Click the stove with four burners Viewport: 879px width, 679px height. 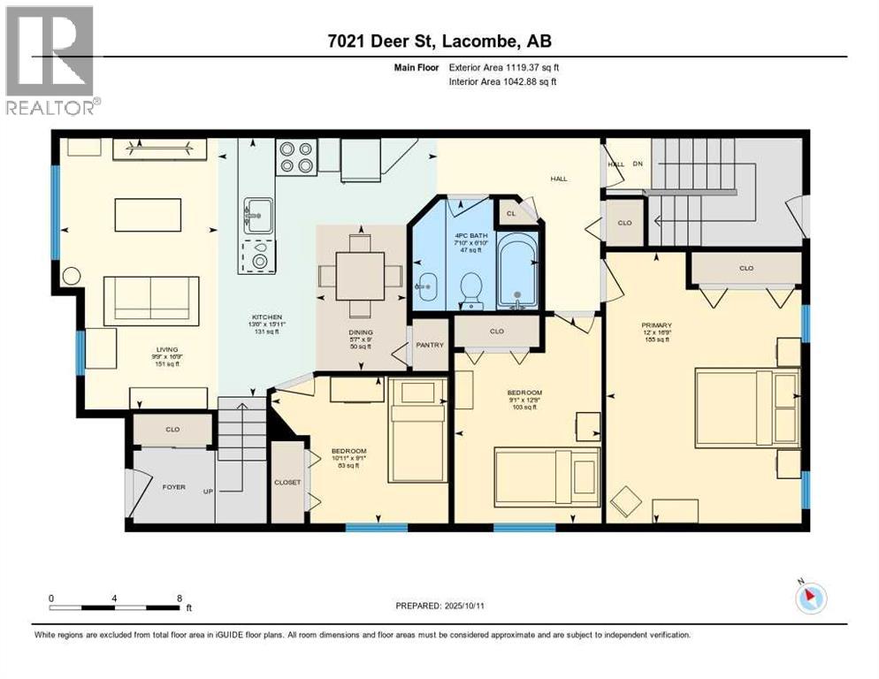click(296, 156)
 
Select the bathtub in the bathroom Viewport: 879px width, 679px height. click(518, 271)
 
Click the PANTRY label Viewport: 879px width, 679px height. click(430, 345)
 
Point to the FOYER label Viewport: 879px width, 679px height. click(173, 487)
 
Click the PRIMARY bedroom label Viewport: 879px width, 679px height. click(656, 325)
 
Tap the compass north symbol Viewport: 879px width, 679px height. click(810, 599)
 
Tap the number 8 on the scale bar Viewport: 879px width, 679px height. click(180, 599)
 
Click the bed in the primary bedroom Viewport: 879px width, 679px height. click(746, 407)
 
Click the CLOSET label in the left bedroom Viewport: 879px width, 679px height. click(287, 482)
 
